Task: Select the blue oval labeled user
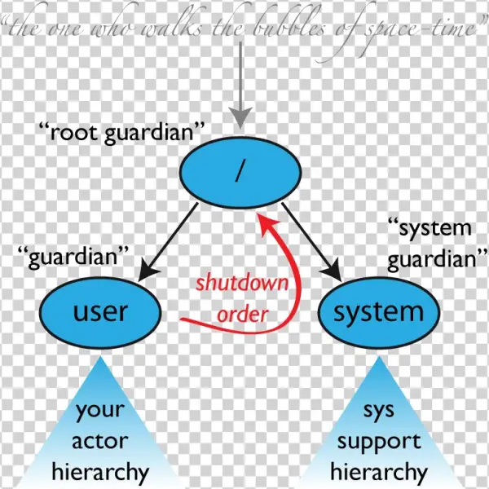tap(99, 311)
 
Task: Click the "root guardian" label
tap(121, 133)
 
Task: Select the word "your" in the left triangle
tap(100, 411)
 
